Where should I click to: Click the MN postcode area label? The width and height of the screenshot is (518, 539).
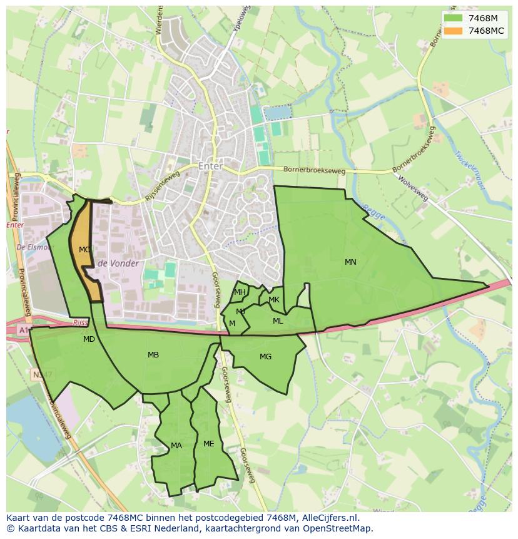pyautogui.click(x=350, y=262)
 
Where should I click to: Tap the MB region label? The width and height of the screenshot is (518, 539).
pyautogui.click(x=153, y=355)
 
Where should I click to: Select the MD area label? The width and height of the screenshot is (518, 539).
pyautogui.click(x=89, y=339)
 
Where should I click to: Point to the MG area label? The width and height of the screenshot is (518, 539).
pyautogui.click(x=265, y=357)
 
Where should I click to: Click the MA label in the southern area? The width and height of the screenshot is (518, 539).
pyautogui.click(x=176, y=446)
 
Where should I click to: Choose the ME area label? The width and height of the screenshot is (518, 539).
pyautogui.click(x=208, y=444)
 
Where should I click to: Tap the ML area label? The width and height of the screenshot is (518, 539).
pyautogui.click(x=278, y=321)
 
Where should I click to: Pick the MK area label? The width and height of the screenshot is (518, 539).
pyautogui.click(x=274, y=300)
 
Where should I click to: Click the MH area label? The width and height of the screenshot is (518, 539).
pyautogui.click(x=240, y=292)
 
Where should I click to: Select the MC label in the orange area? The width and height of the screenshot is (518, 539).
pyautogui.click(x=84, y=250)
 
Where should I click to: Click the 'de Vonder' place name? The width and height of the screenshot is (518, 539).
pyautogui.click(x=118, y=264)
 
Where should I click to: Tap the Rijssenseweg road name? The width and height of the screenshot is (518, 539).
pyautogui.click(x=162, y=187)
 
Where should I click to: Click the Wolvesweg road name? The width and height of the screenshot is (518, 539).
pyautogui.click(x=413, y=188)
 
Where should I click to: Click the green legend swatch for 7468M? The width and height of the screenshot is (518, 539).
pyautogui.click(x=454, y=18)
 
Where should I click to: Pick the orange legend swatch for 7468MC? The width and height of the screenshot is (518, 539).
pyautogui.click(x=454, y=31)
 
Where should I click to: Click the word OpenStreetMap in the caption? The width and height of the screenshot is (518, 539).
pyautogui.click(x=340, y=528)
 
